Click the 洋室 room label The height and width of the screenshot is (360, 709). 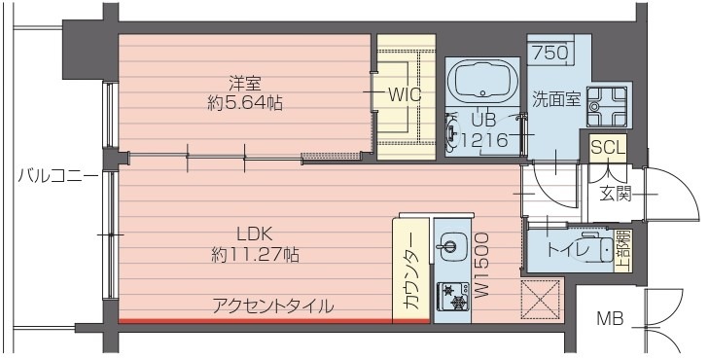click(244, 83)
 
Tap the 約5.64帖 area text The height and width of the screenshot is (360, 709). click(245, 102)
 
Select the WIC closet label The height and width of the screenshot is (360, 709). click(403, 94)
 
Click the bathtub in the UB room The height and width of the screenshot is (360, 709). click(483, 80)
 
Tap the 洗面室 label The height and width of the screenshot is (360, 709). click(555, 97)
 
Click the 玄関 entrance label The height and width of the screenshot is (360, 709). click(615, 193)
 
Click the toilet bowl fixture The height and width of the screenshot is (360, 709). click(605, 250)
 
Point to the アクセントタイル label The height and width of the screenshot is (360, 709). click(273, 306)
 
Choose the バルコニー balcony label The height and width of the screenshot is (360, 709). click(56, 176)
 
